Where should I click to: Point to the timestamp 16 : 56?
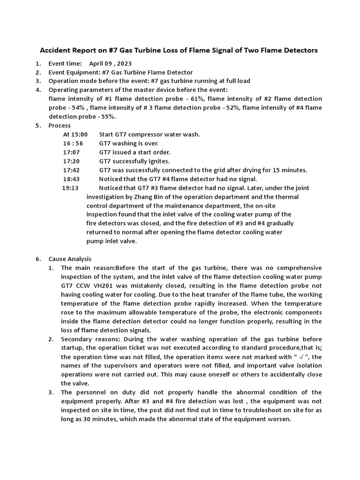click(x=73, y=143)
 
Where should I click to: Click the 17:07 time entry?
click(x=71, y=152)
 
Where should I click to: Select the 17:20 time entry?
click(x=71, y=161)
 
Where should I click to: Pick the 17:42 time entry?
click(x=71, y=170)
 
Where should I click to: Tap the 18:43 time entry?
click(x=71, y=179)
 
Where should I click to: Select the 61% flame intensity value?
click(x=197, y=99)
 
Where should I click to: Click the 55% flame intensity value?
click(x=108, y=117)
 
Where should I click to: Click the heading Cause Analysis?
click(x=70, y=259)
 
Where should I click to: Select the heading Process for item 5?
click(x=60, y=126)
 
